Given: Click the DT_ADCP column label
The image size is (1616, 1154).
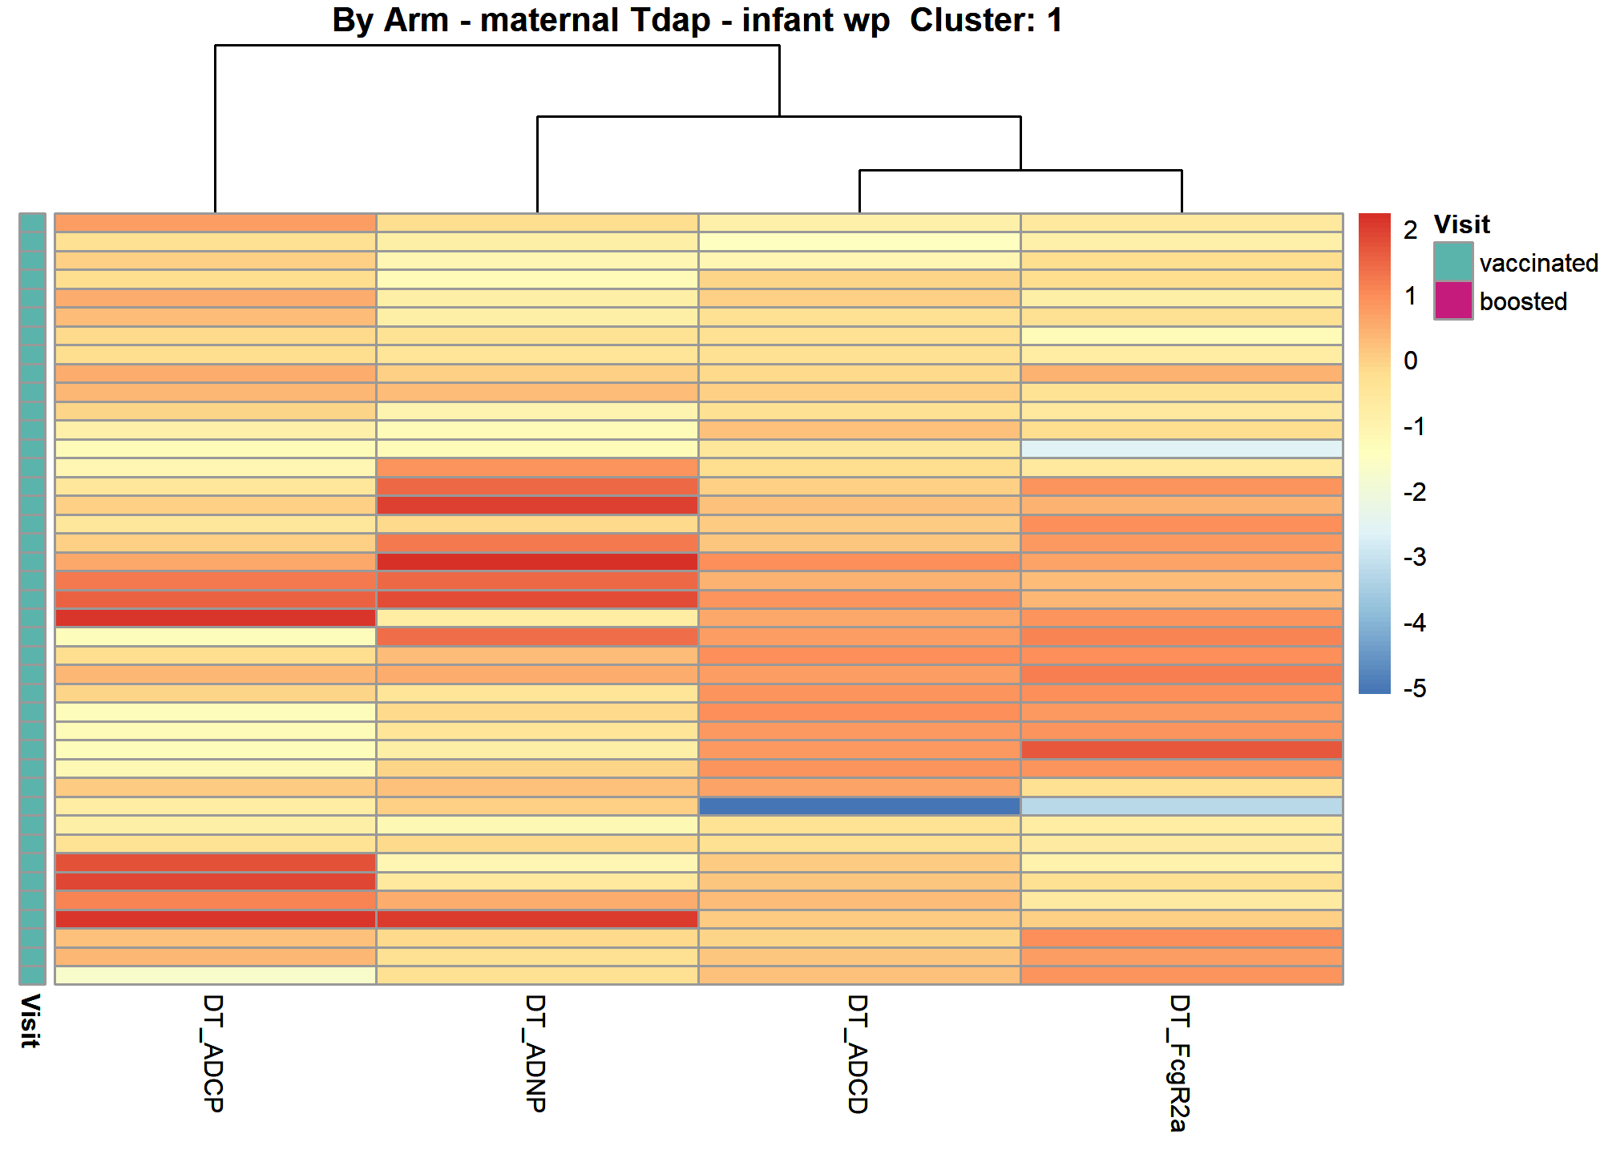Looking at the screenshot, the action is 213,1053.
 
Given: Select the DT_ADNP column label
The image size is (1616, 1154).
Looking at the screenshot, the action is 535,1053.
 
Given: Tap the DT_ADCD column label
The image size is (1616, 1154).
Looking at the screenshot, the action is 858,1054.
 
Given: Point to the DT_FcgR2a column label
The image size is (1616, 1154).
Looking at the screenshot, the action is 1180,1063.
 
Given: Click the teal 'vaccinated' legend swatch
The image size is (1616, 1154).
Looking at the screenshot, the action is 1453,262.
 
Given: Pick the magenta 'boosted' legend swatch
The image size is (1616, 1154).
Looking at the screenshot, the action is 1453,301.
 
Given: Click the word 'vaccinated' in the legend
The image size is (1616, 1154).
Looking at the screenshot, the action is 1539,263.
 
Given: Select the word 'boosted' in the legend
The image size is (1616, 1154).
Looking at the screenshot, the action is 1523,301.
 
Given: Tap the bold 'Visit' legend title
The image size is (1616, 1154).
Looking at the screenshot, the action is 1461,224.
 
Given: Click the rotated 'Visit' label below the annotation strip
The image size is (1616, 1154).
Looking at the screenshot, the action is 30,1021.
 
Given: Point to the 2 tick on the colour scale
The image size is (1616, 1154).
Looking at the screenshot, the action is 1411,231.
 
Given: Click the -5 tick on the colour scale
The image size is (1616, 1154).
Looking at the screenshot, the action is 1415,688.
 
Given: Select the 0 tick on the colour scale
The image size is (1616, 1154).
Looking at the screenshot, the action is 1411,361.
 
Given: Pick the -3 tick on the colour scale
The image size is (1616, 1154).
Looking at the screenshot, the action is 1415,557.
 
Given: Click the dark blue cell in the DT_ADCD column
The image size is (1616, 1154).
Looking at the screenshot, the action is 859,806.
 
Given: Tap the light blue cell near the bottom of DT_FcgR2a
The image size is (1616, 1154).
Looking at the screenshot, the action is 1182,806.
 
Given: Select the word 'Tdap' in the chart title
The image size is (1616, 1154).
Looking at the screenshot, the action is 669,21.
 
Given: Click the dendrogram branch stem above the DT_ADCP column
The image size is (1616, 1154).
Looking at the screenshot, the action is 215,128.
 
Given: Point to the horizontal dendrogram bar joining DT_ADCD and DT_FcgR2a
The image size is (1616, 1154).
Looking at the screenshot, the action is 1020,170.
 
